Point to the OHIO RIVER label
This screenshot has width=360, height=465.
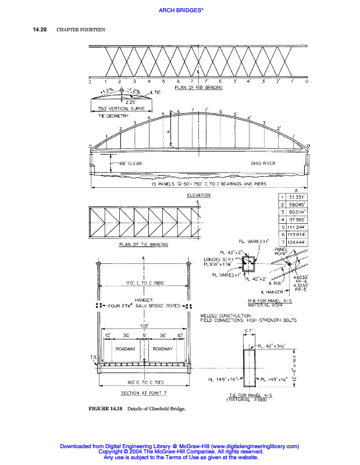[263, 163]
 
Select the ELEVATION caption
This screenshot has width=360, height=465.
[198, 195]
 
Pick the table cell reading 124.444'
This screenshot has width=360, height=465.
[297, 241]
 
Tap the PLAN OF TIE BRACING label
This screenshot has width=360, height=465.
[143, 245]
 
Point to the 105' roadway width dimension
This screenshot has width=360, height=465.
[143, 326]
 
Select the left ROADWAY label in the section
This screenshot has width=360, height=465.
[126, 349]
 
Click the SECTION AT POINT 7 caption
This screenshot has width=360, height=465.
[142, 393]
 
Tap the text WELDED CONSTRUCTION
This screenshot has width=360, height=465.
[225, 316]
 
